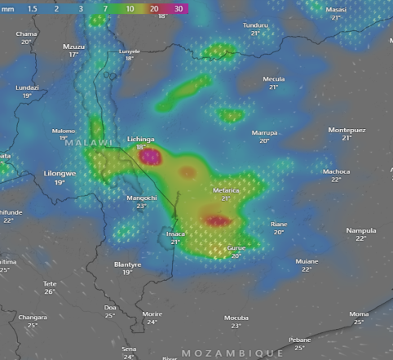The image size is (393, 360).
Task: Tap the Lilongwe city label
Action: coord(60,173)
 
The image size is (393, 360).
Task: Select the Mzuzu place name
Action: coord(74,47)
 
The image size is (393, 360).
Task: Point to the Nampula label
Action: coord(360,230)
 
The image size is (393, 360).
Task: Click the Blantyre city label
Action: coord(127,264)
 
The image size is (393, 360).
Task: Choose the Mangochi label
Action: coord(142,198)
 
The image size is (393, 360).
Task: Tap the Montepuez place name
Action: coord(347,130)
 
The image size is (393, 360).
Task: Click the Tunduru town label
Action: coord(255,25)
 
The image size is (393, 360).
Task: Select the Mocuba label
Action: coord(236,317)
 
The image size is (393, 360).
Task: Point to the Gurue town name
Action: coord(236,247)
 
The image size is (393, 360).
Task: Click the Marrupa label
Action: coord(264,132)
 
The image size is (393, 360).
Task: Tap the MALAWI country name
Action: coord(87,143)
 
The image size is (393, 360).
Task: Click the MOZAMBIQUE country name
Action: coord(232,353)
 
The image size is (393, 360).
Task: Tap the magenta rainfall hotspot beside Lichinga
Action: coord(149,157)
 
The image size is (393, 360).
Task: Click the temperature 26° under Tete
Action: coord(50,291)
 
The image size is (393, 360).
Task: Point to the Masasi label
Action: coord(336,9)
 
